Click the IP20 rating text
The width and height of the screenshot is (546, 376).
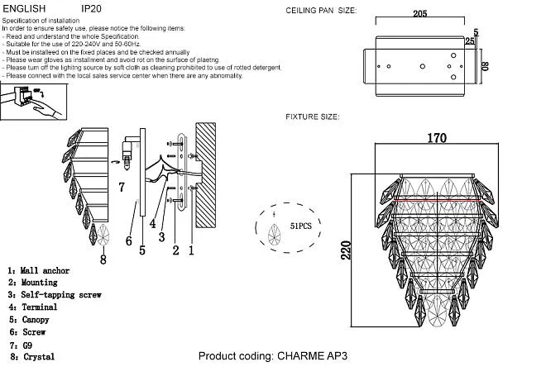pyautogui.click(x=91, y=8)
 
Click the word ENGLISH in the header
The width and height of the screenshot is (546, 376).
pyautogui.click(x=24, y=8)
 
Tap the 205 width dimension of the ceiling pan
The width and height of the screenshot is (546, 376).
pyautogui.click(x=420, y=13)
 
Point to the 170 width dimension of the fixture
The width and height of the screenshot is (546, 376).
pyautogui.click(x=437, y=138)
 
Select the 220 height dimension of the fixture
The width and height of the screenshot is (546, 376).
pyautogui.click(x=346, y=250)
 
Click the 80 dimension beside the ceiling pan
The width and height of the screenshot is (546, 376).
pyautogui.click(x=485, y=66)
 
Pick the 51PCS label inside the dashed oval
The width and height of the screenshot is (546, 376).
pyautogui.click(x=301, y=226)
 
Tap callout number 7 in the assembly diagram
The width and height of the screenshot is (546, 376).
pyautogui.click(x=121, y=187)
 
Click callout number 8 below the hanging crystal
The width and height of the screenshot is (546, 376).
pyautogui.click(x=103, y=259)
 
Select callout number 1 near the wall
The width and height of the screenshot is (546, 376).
pyautogui.click(x=191, y=250)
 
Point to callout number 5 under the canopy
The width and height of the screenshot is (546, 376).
pyautogui.click(x=142, y=250)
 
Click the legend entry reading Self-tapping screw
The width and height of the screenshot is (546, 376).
pyautogui.click(x=55, y=295)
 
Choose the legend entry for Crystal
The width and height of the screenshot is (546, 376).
pyautogui.click(x=32, y=357)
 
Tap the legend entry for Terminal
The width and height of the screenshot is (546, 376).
pyautogui.click(x=33, y=307)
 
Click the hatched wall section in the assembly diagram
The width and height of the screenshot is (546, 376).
pyautogui.click(x=205, y=175)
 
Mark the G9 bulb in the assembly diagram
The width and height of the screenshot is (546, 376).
pyautogui.click(x=127, y=160)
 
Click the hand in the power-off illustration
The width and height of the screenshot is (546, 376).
pyautogui.click(x=47, y=109)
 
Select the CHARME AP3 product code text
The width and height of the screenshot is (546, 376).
pyautogui.click(x=313, y=356)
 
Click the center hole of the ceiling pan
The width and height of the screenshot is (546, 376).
pyautogui.click(x=423, y=66)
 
